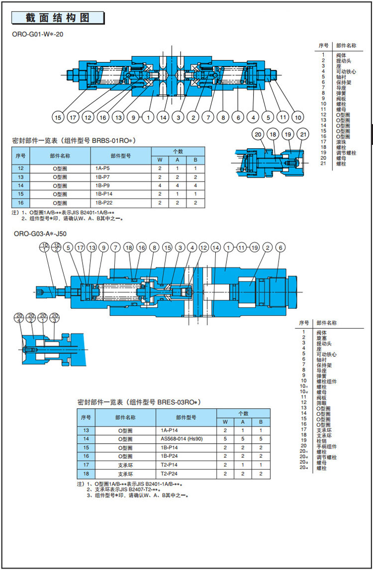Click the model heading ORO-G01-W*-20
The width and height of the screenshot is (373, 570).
click(x=38, y=34)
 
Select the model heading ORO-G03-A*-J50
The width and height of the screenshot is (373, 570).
click(x=40, y=233)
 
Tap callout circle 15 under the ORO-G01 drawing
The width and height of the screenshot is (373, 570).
click(x=59, y=118)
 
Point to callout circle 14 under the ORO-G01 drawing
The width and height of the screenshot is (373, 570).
click(x=163, y=118)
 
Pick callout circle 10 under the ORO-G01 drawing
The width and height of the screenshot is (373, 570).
click(x=297, y=118)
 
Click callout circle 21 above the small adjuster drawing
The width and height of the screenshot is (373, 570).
click(x=302, y=135)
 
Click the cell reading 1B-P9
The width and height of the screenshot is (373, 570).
click(x=103, y=186)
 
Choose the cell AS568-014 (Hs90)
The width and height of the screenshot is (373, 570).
click(x=182, y=439)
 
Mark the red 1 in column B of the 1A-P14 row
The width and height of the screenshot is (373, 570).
click(x=260, y=430)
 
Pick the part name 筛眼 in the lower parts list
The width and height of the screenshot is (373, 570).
click(x=321, y=403)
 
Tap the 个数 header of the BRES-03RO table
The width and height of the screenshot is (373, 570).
click(x=243, y=413)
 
